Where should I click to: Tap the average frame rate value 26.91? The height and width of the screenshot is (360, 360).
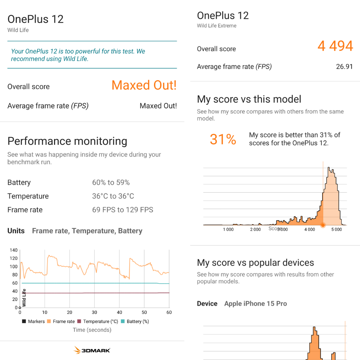[344, 67]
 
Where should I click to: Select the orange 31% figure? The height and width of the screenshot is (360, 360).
[223, 139]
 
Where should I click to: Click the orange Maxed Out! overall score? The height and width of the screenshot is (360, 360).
[144, 85]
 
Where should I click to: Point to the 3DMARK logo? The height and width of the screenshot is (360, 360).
[92, 350]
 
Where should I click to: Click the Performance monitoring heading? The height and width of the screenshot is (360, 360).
[67, 141]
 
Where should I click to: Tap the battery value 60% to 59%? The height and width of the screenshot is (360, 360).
[111, 183]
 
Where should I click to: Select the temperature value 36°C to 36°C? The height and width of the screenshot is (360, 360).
[113, 196]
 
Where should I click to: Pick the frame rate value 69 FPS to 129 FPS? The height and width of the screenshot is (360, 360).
[122, 210]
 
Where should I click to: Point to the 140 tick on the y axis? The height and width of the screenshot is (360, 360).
[14, 250]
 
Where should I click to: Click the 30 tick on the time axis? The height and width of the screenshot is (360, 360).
[94, 312]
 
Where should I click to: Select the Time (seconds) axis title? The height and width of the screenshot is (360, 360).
[92, 330]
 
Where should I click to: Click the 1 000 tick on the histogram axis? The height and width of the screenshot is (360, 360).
[228, 229]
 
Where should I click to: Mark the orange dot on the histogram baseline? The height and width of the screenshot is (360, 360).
[323, 225]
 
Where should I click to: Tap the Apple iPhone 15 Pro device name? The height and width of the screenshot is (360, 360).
[255, 303]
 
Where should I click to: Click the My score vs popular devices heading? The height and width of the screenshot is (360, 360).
[255, 262]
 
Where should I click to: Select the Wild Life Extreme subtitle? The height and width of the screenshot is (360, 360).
[217, 26]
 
